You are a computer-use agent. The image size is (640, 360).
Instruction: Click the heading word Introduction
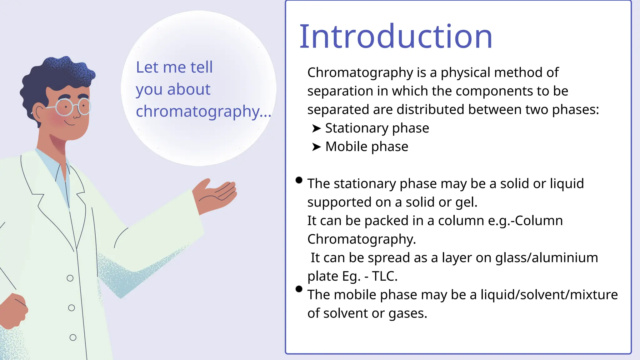pos(396,37)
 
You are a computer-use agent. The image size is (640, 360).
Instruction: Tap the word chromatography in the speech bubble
pos(197,111)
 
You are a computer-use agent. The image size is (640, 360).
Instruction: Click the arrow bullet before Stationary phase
pos(316,128)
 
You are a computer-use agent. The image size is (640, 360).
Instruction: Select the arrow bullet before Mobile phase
pos(316,147)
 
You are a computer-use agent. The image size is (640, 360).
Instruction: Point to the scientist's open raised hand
pos(216,194)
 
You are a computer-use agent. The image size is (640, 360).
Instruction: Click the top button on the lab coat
pos(70,278)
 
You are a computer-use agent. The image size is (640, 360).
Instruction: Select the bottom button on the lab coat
pos(73,337)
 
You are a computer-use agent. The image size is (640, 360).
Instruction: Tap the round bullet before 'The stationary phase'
pos(299,180)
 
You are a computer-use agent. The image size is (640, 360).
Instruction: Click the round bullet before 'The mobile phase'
pos(299,289)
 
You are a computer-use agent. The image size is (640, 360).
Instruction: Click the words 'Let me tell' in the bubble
pos(174,67)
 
